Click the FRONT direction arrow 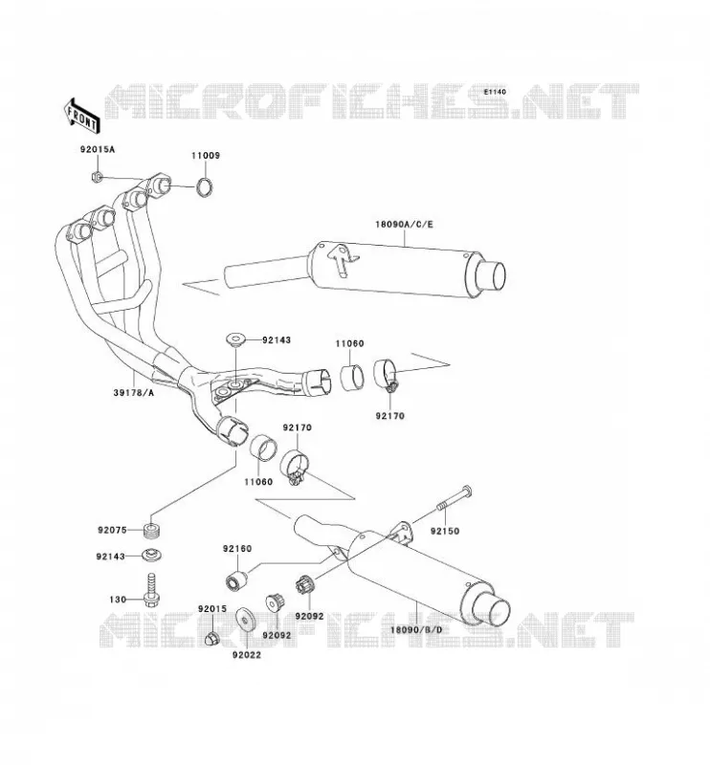click(x=81, y=116)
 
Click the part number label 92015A click(x=98, y=149)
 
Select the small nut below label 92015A click(x=98, y=176)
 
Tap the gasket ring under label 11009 click(x=205, y=187)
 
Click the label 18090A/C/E click(x=405, y=225)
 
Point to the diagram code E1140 click(x=495, y=92)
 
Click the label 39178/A click(x=133, y=392)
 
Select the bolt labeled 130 click(x=152, y=590)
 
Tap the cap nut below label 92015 click(x=211, y=638)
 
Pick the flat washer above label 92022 click(x=244, y=620)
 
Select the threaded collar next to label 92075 click(x=153, y=531)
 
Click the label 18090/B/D click(x=416, y=630)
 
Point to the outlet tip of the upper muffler click(x=491, y=275)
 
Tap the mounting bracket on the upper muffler click(x=344, y=260)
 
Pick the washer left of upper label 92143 click(x=235, y=339)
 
